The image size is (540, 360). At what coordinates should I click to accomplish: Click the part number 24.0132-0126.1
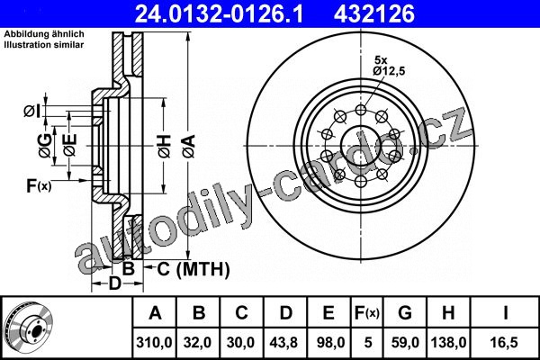tap(219, 13)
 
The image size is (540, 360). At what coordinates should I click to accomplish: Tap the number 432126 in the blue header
tap(374, 13)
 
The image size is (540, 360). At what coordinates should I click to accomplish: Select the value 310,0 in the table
tap(154, 342)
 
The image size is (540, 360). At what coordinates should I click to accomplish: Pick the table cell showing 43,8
tap(284, 342)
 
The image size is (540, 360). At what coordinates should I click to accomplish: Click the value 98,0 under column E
tap(328, 342)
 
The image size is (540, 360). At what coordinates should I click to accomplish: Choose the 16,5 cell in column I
tap(505, 342)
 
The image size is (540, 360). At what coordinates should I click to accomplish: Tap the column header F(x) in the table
tap(367, 313)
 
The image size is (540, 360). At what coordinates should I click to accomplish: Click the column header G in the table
tap(405, 313)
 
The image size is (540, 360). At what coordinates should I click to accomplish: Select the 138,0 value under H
tap(448, 342)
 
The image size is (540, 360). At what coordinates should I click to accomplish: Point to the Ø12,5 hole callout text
tap(389, 71)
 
